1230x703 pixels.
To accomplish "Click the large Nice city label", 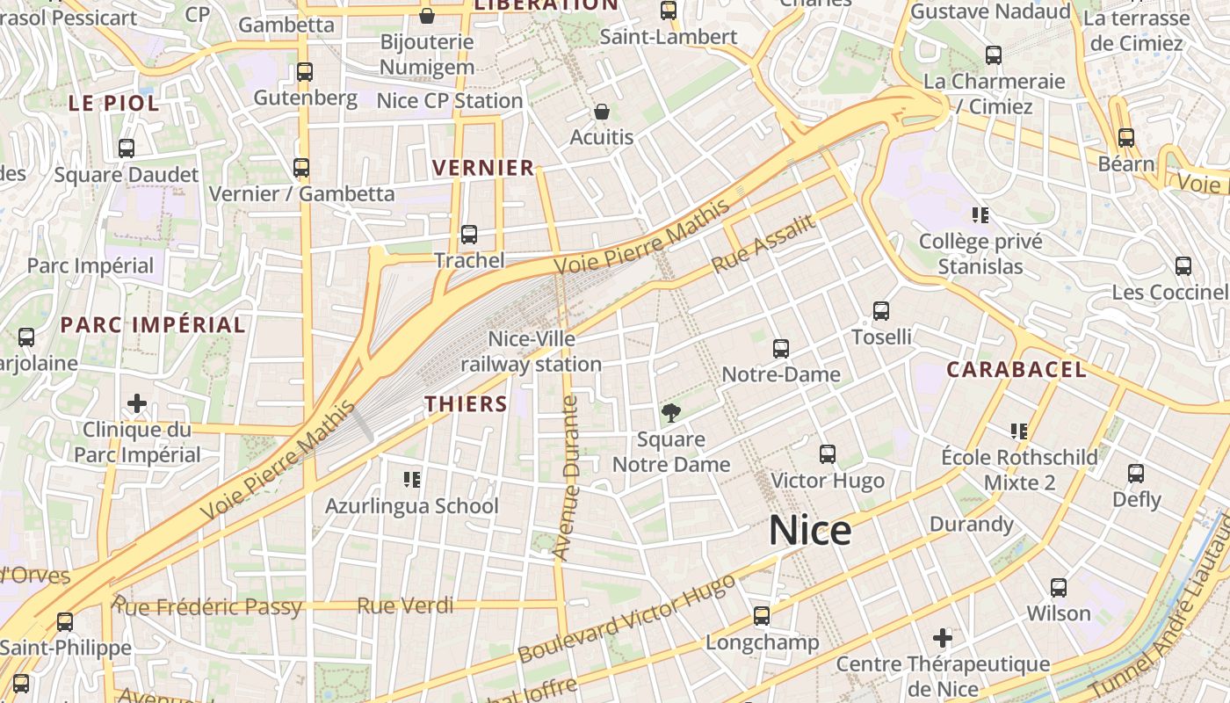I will (810, 531).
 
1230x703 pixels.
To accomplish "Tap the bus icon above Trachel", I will (469, 235).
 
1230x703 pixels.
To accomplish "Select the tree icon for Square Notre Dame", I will (671, 413).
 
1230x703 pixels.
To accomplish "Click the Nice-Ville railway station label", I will (532, 351).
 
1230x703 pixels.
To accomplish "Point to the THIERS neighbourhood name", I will (467, 404).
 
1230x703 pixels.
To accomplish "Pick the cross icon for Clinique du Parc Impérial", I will (137, 403).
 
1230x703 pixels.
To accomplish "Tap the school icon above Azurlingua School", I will (411, 479).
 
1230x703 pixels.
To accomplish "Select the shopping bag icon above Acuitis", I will (602, 112).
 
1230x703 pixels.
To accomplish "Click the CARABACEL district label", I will (1017, 370).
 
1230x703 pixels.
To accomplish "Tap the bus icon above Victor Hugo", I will (828, 454).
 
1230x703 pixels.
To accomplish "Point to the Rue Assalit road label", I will (763, 243).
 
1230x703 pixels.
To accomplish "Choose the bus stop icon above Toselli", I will (881, 311).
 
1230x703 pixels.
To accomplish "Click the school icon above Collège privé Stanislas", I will (980, 215).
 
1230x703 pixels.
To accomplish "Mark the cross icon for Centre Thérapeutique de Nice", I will (943, 637).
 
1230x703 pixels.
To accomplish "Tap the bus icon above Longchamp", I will (762, 616).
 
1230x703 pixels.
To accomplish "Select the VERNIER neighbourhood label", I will (483, 168).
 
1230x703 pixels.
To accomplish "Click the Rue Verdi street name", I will (406, 605).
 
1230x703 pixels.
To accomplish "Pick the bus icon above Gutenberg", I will (305, 72).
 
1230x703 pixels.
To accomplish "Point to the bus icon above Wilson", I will (1059, 587).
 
